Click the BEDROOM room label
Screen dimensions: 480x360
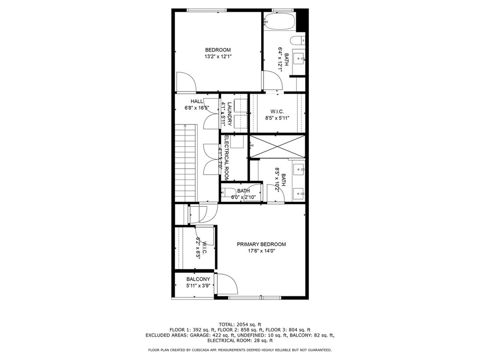coord(217,50)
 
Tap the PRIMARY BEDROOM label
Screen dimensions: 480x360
coord(261,244)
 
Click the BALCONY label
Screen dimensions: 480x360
coord(198,279)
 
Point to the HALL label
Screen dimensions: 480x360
coord(196,101)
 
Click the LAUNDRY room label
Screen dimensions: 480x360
coord(229,114)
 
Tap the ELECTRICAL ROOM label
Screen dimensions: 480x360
coord(226,157)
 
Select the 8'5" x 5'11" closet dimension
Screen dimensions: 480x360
coord(277,118)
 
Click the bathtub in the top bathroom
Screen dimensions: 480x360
coord(279,21)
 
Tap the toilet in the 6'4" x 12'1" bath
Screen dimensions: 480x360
coord(298,40)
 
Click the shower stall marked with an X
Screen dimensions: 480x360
coord(277,146)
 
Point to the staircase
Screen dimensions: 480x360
coord(185,163)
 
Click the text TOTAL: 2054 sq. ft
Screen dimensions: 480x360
coord(240,324)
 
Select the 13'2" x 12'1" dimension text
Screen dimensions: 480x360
coord(218,57)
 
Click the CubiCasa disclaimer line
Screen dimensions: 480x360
coord(240,350)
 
